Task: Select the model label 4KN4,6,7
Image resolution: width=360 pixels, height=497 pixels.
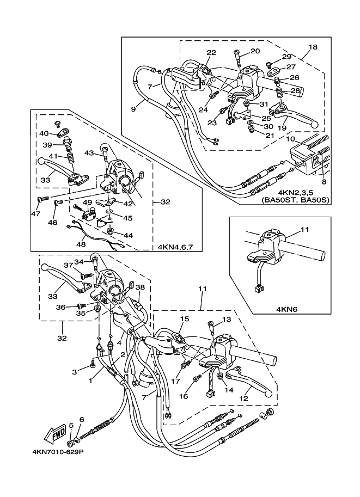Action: tap(175, 247)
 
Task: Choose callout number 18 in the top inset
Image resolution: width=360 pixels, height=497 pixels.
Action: tap(313, 47)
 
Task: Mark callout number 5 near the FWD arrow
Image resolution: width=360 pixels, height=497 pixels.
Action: tap(71, 425)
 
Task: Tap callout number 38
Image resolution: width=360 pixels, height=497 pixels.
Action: tap(140, 287)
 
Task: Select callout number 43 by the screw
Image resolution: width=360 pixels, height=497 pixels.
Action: tap(89, 154)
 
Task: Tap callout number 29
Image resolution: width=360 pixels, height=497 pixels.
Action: tap(286, 57)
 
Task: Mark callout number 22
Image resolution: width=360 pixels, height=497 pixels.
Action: tap(211, 52)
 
